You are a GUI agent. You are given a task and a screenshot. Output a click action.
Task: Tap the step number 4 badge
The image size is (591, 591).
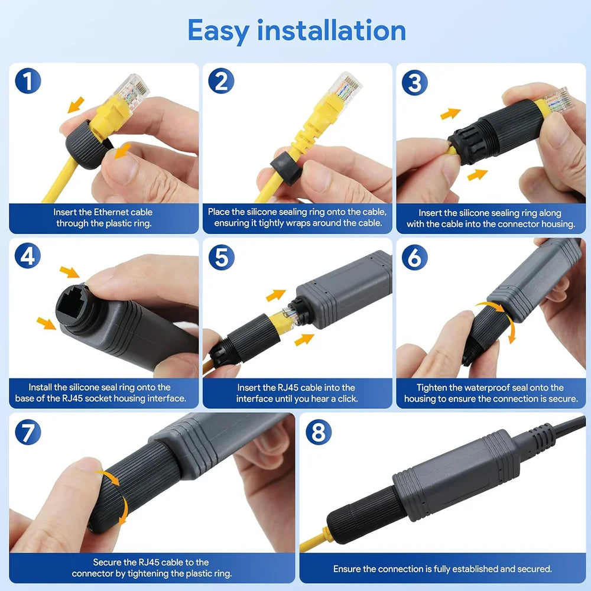click(28, 256)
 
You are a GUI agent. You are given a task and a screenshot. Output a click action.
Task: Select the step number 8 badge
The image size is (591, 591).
click(318, 433)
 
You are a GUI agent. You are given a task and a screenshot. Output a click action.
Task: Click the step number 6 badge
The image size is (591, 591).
click(414, 256)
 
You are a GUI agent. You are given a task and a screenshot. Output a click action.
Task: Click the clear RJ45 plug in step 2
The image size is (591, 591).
click(345, 85)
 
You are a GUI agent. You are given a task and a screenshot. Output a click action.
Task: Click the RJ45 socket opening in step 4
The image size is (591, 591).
click(71, 306)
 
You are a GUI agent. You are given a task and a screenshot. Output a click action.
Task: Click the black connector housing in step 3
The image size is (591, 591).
click(496, 133)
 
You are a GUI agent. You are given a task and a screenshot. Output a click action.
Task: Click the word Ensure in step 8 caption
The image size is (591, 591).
click(347, 569)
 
